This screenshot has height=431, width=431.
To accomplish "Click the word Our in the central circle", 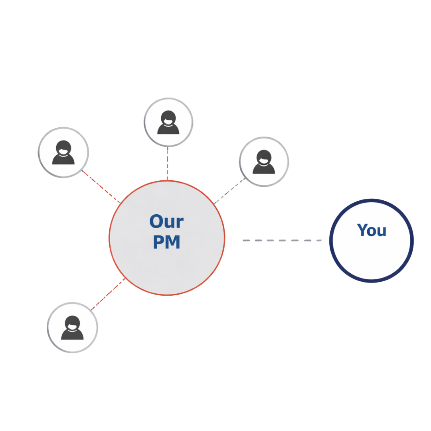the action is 166,221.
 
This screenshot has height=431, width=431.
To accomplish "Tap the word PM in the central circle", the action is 166,242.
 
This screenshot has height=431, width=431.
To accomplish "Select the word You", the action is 372,230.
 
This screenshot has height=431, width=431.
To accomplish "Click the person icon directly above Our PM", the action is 168,123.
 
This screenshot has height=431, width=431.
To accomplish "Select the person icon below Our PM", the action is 72,328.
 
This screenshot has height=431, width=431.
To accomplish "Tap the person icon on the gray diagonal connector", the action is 264,162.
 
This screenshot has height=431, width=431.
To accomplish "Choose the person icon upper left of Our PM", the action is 63,152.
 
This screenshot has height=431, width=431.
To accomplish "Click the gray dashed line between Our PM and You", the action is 282,241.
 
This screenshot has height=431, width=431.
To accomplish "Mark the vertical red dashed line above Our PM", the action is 167,164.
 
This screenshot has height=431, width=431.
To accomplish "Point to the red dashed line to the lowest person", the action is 108,294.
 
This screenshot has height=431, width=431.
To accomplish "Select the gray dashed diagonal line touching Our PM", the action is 229,190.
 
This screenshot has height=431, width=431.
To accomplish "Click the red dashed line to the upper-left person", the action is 101,187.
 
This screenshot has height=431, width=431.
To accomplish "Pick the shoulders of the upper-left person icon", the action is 63,159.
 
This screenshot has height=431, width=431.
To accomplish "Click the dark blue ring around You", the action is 330,241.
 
